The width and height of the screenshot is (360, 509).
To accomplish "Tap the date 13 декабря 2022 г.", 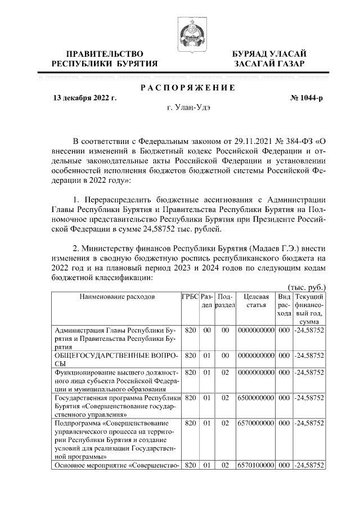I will (84, 98).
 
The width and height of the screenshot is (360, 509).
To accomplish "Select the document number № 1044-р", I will (306, 98).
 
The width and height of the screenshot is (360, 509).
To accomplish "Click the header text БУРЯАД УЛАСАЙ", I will (270, 53).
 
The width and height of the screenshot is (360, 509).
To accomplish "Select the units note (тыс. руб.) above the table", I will (307, 287).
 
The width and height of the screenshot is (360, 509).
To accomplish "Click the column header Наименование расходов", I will (116, 296).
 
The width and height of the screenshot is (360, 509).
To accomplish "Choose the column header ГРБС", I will (190, 296).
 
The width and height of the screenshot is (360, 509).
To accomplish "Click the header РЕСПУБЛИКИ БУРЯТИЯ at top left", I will (104, 64).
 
